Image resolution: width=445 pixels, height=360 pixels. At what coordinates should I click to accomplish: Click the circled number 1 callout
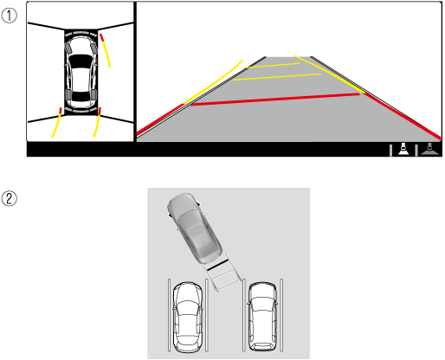10,16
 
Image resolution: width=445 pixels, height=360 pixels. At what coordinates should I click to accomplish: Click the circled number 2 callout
10,199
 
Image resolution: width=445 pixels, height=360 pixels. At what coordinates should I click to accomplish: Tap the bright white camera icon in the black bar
403,149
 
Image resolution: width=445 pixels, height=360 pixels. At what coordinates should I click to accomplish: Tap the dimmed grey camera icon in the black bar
429,149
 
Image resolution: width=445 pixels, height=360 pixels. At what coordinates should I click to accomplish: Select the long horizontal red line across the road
275,100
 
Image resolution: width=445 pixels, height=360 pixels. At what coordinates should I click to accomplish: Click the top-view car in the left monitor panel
81,73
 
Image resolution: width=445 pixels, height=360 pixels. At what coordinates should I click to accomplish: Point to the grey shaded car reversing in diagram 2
195,228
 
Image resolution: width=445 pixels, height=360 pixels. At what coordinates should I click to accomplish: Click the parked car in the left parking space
188,318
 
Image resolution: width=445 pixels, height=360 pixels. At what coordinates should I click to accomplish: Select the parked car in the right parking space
262,317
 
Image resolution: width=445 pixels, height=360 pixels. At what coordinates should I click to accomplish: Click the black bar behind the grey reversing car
217,265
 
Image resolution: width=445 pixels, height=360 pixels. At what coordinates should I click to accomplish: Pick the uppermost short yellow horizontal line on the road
272,66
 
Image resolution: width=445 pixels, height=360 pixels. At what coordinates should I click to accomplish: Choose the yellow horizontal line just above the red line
276,77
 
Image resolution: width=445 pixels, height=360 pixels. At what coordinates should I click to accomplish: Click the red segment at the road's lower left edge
160,119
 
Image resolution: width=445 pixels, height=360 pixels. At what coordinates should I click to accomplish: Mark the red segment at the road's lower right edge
402,116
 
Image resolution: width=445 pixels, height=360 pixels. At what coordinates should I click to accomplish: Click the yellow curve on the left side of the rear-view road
213,81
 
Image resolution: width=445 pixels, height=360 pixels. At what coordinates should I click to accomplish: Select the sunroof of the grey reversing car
196,231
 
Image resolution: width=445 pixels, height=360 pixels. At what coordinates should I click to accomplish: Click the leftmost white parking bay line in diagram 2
170,315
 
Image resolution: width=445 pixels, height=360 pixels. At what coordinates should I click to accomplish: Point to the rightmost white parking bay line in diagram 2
281,315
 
